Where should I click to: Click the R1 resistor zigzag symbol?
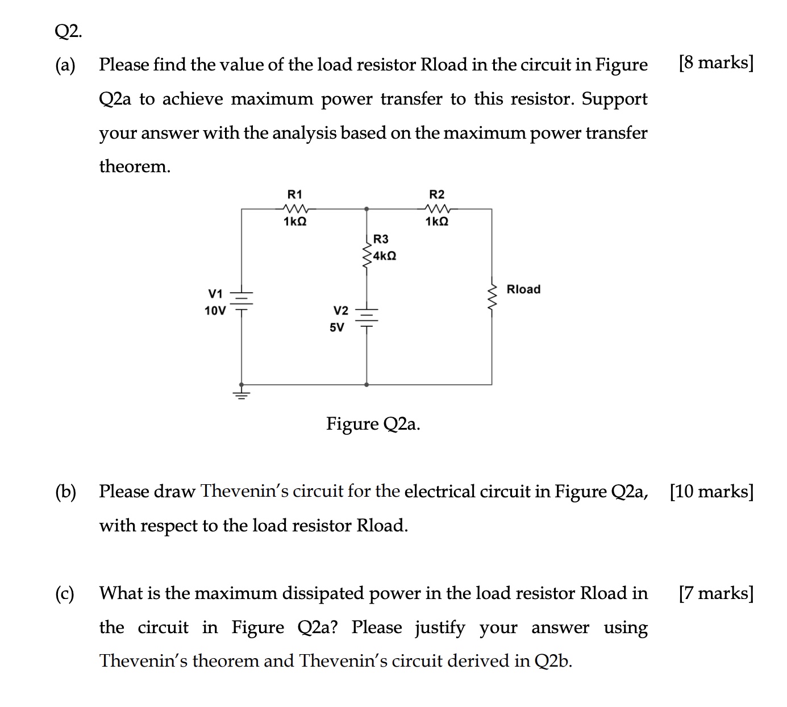point(295,209)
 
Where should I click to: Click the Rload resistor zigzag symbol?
point(492,296)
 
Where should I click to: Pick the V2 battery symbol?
point(367,318)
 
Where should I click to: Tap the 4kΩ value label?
point(385,256)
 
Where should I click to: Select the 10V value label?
point(215,311)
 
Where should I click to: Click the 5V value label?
point(337,327)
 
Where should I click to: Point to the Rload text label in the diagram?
point(523,289)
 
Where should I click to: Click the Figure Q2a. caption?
point(373,424)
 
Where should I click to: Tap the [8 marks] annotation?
point(716,63)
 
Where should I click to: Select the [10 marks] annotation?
point(711,491)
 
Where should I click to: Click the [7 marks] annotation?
point(716,593)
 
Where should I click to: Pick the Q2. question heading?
point(68,32)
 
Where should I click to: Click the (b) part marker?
point(65,492)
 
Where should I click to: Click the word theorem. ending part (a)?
point(135,167)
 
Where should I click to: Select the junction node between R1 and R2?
point(367,209)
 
